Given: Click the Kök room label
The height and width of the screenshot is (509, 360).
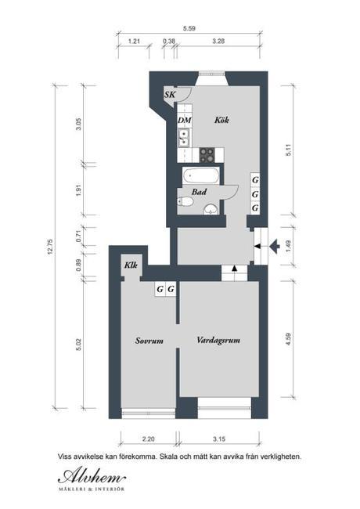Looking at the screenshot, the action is click(221, 120).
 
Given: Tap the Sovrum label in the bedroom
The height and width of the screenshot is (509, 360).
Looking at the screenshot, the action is click(149, 341).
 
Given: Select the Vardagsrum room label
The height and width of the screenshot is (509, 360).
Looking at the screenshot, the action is click(218, 341).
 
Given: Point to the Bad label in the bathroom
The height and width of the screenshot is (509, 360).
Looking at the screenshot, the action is click(199, 192).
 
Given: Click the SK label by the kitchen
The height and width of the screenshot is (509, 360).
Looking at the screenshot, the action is click(170, 95).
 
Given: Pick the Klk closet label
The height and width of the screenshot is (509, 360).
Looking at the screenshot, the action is click(131, 265).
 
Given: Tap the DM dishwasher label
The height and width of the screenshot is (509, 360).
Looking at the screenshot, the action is click(185, 121).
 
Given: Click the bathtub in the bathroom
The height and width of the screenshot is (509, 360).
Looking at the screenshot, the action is click(201, 176).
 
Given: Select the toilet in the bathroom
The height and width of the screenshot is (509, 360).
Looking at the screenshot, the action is click(185, 202).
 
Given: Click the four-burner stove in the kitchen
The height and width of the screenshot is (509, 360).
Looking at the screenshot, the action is click(207, 155).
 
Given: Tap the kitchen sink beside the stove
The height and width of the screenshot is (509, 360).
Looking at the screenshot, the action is click(184, 138).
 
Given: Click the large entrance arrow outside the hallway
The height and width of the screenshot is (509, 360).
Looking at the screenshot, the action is click(275, 247).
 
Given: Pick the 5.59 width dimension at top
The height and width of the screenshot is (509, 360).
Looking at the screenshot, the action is click(189, 28).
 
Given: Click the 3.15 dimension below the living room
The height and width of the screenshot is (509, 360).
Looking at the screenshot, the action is click(219, 439).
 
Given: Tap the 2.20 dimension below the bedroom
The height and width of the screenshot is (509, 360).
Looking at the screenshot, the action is click(148, 439).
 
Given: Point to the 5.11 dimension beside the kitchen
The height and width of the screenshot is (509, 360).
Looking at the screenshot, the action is click(288, 150).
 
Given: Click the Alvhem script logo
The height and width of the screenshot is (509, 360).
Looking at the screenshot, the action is click(92, 477).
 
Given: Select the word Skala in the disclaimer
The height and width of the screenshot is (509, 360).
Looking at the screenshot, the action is click(167, 457).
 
